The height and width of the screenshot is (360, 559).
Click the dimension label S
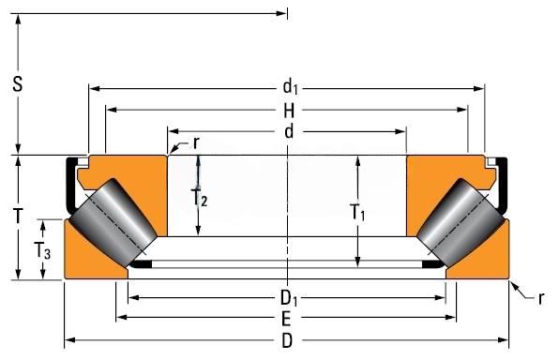[x=18, y=84]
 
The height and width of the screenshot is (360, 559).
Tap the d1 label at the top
[x=290, y=87]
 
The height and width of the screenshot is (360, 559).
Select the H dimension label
[x=289, y=111]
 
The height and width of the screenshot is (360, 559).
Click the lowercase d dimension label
[x=289, y=131]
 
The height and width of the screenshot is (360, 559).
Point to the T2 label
[x=199, y=198]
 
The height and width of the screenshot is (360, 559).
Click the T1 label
[x=357, y=213]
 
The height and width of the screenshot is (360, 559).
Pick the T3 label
[x=42, y=250]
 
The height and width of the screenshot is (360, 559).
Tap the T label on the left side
[x=18, y=216]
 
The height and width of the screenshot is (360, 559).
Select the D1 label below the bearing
[x=289, y=299]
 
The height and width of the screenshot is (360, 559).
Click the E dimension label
[x=286, y=319]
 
